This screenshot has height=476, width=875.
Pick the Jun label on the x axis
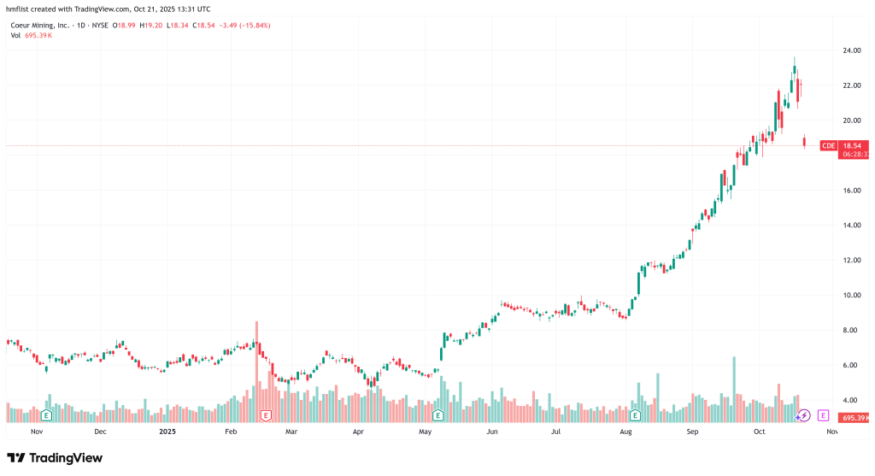tap(492, 432)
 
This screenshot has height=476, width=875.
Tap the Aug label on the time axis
tap(626, 432)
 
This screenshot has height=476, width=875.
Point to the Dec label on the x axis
tap(100, 432)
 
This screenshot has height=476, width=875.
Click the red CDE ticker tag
tap(828, 146)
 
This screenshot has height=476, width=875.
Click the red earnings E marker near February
tap(266, 415)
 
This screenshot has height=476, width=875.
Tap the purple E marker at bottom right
tap(823, 415)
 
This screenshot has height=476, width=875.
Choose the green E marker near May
tap(437, 415)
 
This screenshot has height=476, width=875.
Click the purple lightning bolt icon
tap(803, 415)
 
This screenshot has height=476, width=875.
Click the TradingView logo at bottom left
tap(55, 458)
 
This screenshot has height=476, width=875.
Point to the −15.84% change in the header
tap(253, 25)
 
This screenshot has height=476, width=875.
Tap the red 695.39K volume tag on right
tap(855, 418)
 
